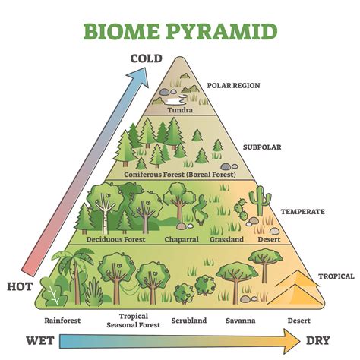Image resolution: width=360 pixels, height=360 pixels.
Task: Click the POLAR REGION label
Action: tap(233, 86)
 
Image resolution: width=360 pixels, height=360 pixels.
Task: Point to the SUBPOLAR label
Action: tap(263, 147)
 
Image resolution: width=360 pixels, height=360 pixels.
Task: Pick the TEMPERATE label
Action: tap(302, 212)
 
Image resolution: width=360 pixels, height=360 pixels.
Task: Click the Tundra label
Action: tap(180, 109)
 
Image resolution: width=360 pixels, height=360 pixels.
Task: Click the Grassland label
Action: tap(226, 239)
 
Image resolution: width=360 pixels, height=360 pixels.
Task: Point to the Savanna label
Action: tap(241, 320)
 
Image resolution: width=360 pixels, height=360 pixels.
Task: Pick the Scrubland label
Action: tap(188, 320)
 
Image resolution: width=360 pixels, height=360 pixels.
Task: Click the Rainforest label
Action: tap(62, 320)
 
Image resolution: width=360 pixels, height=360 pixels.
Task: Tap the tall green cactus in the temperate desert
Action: tap(259, 202)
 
